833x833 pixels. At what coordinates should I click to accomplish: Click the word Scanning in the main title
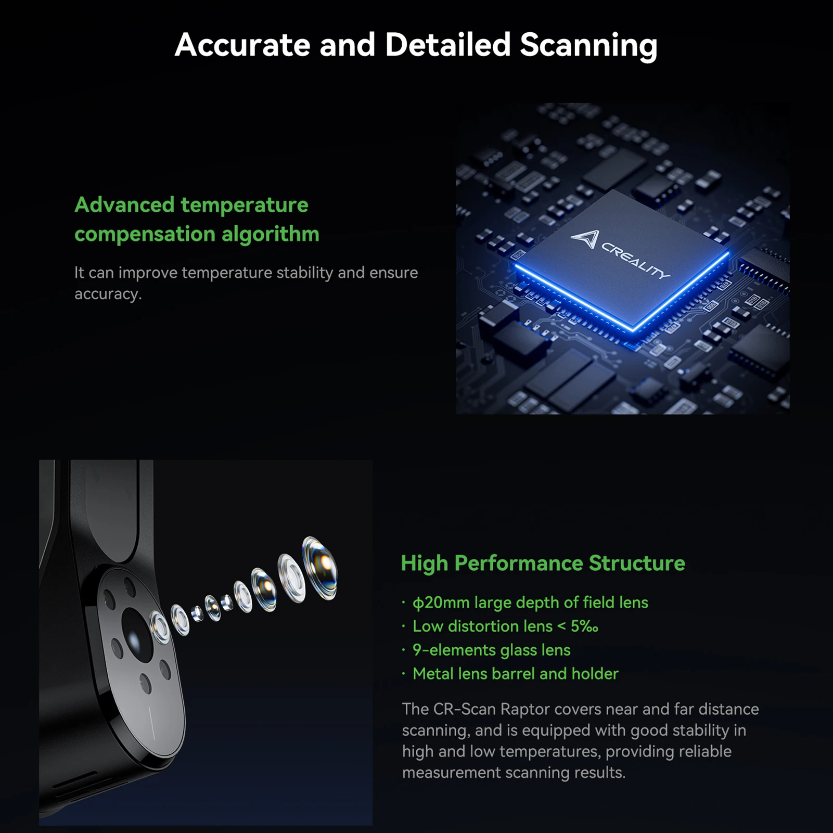click(x=588, y=45)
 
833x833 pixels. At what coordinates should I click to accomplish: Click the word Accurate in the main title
click(x=242, y=45)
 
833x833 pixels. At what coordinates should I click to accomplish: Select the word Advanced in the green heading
click(x=124, y=205)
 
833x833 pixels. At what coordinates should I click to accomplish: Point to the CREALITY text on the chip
click(x=636, y=261)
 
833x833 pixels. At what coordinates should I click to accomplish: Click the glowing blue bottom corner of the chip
click(x=633, y=329)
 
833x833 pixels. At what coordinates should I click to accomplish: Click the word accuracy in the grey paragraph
click(x=107, y=294)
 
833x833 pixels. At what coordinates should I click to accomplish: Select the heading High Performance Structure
click(x=543, y=563)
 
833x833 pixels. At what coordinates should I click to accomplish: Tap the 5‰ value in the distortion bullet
click(x=584, y=626)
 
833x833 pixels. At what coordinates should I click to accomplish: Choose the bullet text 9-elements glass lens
click(x=491, y=650)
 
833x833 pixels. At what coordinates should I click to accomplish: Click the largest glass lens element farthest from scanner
click(x=320, y=568)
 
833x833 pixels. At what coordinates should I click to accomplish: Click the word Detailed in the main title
click(x=447, y=45)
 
